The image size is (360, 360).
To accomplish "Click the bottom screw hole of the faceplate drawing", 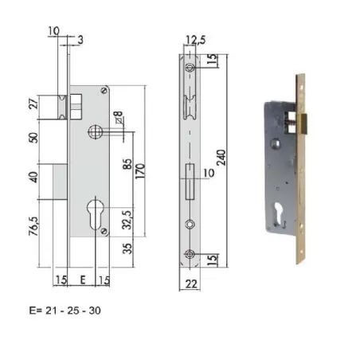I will click(x=189, y=254).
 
